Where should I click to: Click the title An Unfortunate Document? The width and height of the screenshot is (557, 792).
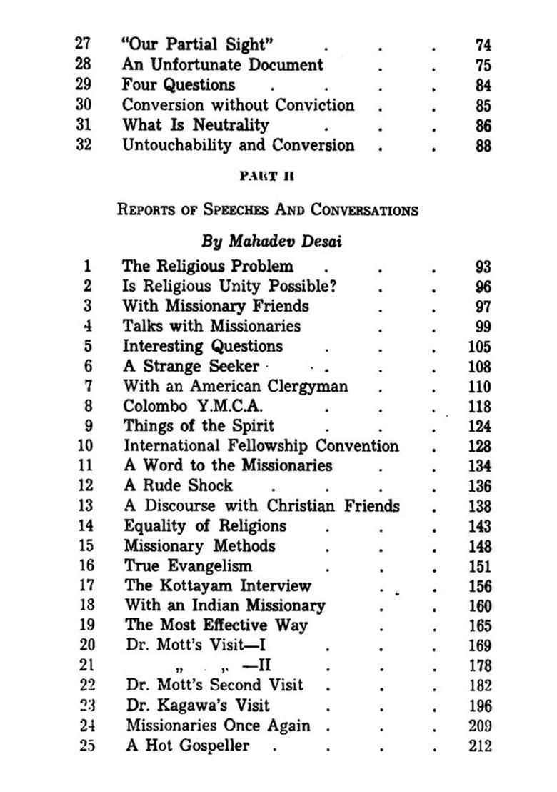[x=222, y=65]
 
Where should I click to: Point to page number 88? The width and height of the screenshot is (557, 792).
[x=483, y=146]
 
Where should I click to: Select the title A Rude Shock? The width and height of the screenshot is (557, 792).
[x=178, y=486]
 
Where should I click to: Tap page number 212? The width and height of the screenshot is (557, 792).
[x=481, y=746]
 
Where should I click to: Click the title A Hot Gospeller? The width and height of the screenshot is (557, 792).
[x=187, y=746]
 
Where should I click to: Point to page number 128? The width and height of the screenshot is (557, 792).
[x=481, y=447]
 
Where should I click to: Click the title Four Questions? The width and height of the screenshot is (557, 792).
[x=178, y=85]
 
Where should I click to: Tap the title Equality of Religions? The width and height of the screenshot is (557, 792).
[x=204, y=526]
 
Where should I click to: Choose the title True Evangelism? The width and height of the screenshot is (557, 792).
[x=188, y=566]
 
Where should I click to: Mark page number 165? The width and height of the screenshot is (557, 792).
[x=481, y=626]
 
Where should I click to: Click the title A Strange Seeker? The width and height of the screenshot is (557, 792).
[x=191, y=366]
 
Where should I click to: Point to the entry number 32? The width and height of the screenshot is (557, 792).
[x=83, y=146]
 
